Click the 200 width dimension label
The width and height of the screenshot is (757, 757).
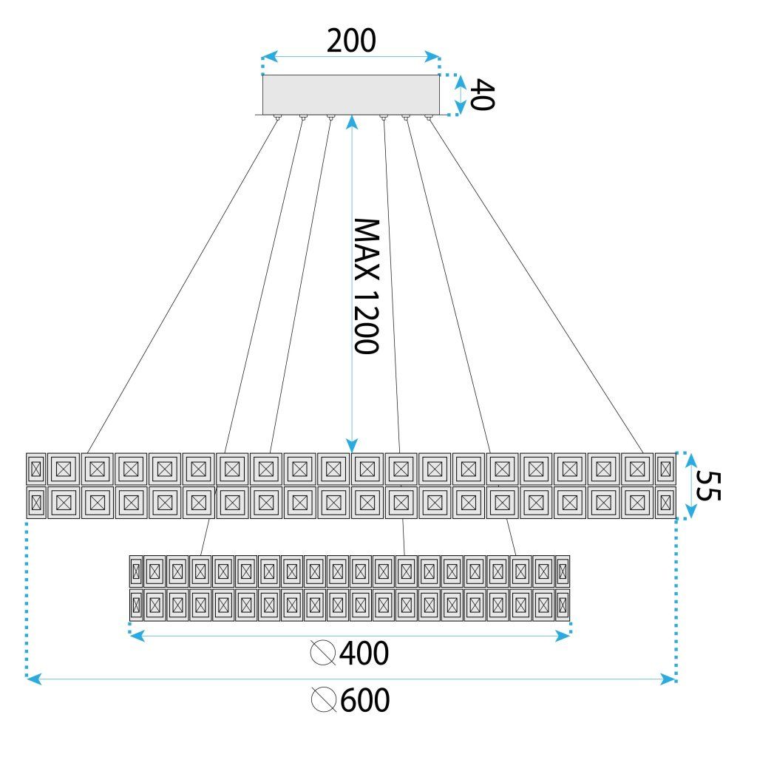pyautogui.click(x=351, y=41)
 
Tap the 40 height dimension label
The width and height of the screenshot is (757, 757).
pyautogui.click(x=481, y=95)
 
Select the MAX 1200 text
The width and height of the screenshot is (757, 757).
pyautogui.click(x=365, y=286)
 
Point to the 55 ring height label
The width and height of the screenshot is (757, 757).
pyautogui.click(x=707, y=486)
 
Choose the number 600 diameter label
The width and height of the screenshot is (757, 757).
pyautogui.click(x=364, y=700)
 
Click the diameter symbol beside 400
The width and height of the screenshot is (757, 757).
pyautogui.click(x=323, y=654)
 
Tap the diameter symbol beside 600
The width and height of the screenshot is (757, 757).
pyautogui.click(x=323, y=700)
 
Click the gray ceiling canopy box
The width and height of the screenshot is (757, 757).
pyautogui.click(x=351, y=94)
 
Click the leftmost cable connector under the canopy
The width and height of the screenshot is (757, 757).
pyautogui.click(x=276, y=118)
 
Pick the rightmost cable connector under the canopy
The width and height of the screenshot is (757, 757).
pyautogui.click(x=428, y=118)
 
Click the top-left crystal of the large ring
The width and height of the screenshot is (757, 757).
pyautogui.click(x=35, y=468)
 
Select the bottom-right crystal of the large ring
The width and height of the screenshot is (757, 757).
pyautogui.click(x=665, y=503)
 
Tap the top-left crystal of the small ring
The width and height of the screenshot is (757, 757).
pyautogui.click(x=135, y=571)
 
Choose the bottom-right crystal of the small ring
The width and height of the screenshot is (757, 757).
pyautogui.click(x=563, y=605)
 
